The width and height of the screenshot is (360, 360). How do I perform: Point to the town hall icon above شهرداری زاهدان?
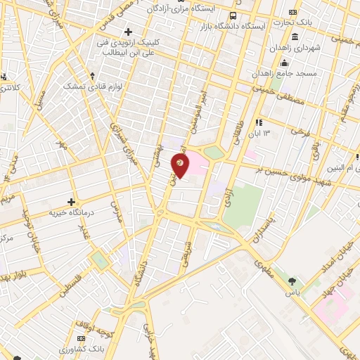click(x=293, y=37)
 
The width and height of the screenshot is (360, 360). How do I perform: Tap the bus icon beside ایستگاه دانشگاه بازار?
click(x=233, y=15)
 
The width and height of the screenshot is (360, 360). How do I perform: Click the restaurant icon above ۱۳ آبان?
click(x=259, y=121)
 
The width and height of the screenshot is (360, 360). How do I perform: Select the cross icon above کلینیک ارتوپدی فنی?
click(x=128, y=32)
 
